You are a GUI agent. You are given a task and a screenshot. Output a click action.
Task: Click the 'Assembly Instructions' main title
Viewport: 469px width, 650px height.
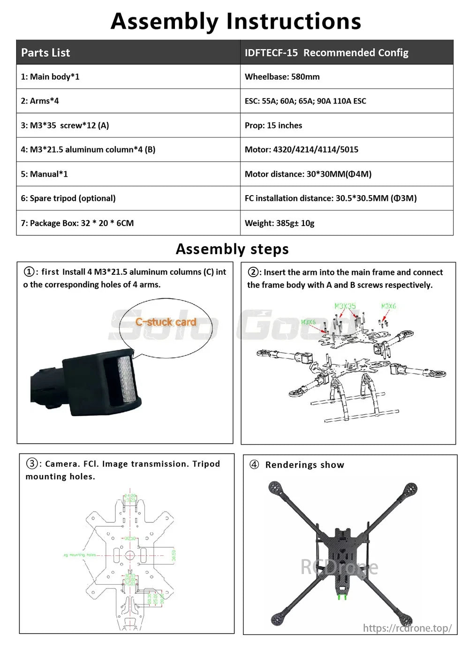coord(235,21)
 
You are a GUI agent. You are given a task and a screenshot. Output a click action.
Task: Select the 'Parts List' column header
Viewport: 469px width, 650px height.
coord(45,53)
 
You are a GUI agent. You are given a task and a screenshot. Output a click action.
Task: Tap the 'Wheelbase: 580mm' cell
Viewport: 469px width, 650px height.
coord(282,76)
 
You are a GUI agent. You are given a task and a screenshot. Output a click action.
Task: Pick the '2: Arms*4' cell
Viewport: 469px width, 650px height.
coord(40,101)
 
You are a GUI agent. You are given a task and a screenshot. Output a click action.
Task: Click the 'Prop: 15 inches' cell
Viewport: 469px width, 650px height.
coord(273,125)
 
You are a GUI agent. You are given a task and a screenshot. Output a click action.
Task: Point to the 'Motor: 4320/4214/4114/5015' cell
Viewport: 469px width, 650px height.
coord(301,150)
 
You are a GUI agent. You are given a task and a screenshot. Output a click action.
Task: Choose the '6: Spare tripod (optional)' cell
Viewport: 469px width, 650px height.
coord(68,198)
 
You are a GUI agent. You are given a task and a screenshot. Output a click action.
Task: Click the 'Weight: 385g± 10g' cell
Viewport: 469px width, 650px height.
coord(279,223)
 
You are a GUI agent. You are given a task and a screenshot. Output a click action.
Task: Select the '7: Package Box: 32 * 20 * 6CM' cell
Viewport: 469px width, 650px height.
coord(77,223)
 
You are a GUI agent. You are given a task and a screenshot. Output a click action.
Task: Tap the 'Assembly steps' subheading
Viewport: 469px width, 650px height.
coord(232,249)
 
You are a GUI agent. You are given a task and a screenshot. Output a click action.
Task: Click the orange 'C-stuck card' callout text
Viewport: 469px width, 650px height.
coord(166,322)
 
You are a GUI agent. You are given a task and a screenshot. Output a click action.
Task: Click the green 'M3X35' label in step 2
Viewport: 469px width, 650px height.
coord(345,306)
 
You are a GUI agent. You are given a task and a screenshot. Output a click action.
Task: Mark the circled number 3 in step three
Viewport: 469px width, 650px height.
coord(31,463)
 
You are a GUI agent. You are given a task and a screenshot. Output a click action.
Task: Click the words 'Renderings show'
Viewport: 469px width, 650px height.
coord(304,465)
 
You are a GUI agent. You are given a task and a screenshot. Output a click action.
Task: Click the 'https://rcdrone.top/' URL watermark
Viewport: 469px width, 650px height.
coord(407,627)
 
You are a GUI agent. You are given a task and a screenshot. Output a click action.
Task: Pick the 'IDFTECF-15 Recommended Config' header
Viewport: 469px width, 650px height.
coord(326,53)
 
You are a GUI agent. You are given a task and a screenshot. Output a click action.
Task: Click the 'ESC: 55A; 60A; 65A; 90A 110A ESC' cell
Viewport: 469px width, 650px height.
coord(305,101)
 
